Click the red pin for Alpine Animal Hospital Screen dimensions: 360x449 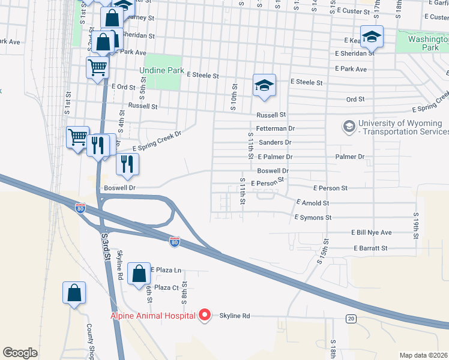[205, 315]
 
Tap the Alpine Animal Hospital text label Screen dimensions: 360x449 [152, 316]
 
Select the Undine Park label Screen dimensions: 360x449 [161, 70]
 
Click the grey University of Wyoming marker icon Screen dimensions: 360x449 [348, 127]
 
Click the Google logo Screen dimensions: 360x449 [20, 353]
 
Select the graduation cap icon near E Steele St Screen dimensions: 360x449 [264, 86]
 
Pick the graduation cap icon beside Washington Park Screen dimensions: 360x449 [372, 37]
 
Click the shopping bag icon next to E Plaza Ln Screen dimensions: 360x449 [139, 274]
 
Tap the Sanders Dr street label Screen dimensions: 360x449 [275, 142]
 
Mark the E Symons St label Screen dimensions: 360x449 [312, 217]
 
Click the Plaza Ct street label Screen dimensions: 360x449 [167, 287]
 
